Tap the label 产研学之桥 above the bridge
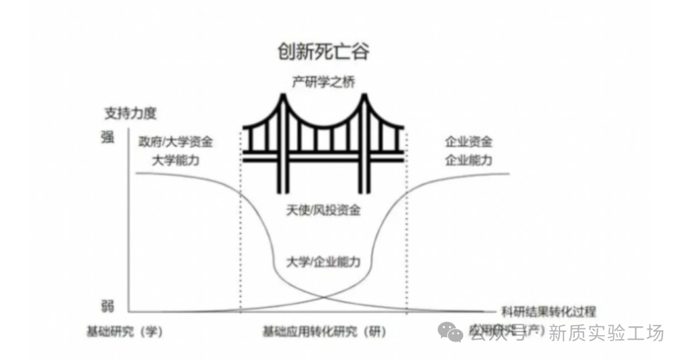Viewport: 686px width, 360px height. coord(323,82)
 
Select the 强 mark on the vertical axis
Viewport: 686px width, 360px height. coord(107,138)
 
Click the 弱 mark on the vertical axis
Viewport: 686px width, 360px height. coord(107,307)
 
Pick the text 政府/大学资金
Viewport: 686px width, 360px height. coord(176,142)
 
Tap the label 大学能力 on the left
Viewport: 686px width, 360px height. coord(176,160)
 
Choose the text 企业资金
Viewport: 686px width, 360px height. coord(469,142)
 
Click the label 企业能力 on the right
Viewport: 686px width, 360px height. coord(469,160)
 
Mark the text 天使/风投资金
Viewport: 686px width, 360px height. coord(323,210)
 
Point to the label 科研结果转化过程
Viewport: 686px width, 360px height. coord(548,311)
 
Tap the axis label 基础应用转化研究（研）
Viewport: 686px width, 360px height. coord(324,331)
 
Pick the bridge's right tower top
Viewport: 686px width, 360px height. coord(365,97)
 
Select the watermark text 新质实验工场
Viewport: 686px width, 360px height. coord(606,332)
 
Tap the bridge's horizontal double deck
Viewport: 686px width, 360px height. coord(323,156)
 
